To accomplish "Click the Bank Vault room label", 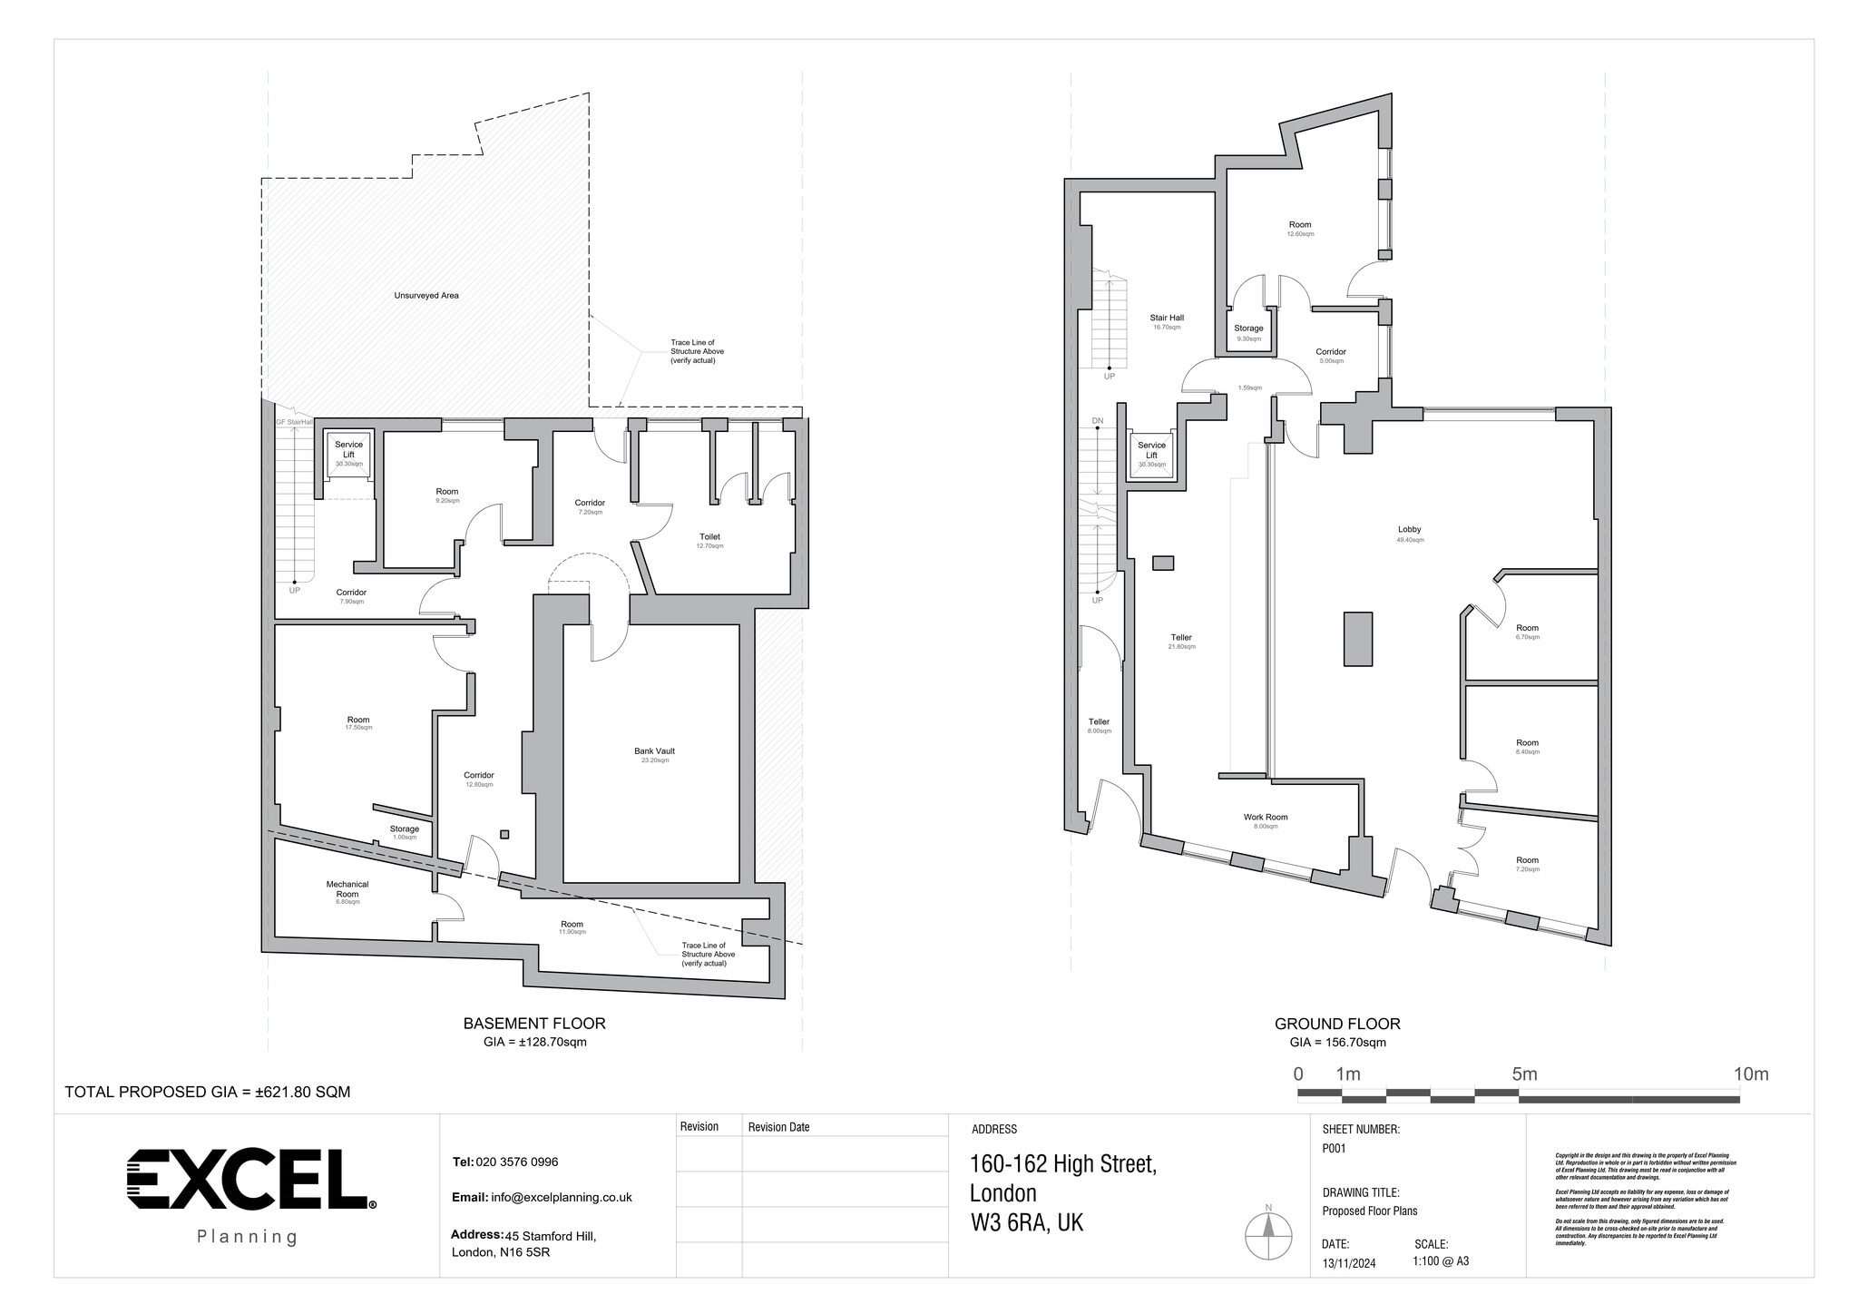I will point(654,751).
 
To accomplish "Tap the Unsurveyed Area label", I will point(425,295).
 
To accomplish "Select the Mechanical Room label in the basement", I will point(347,888).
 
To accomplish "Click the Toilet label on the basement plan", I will point(709,537).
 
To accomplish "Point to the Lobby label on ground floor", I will point(1409,530).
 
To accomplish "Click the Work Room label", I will point(1265,818).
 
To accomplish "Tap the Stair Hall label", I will point(1167,319).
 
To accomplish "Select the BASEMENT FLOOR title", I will point(534,1024).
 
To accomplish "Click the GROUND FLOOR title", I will point(1337,1024).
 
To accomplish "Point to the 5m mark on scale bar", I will point(1524,1074).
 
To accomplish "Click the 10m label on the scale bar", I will point(1750,1074).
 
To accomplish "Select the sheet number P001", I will point(1334,1148).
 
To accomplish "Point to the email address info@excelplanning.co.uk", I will point(561,1198).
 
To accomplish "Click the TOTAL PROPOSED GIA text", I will point(207,1092).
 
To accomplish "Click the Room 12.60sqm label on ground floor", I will point(1300,225).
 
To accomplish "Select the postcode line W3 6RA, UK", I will point(1026,1223).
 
